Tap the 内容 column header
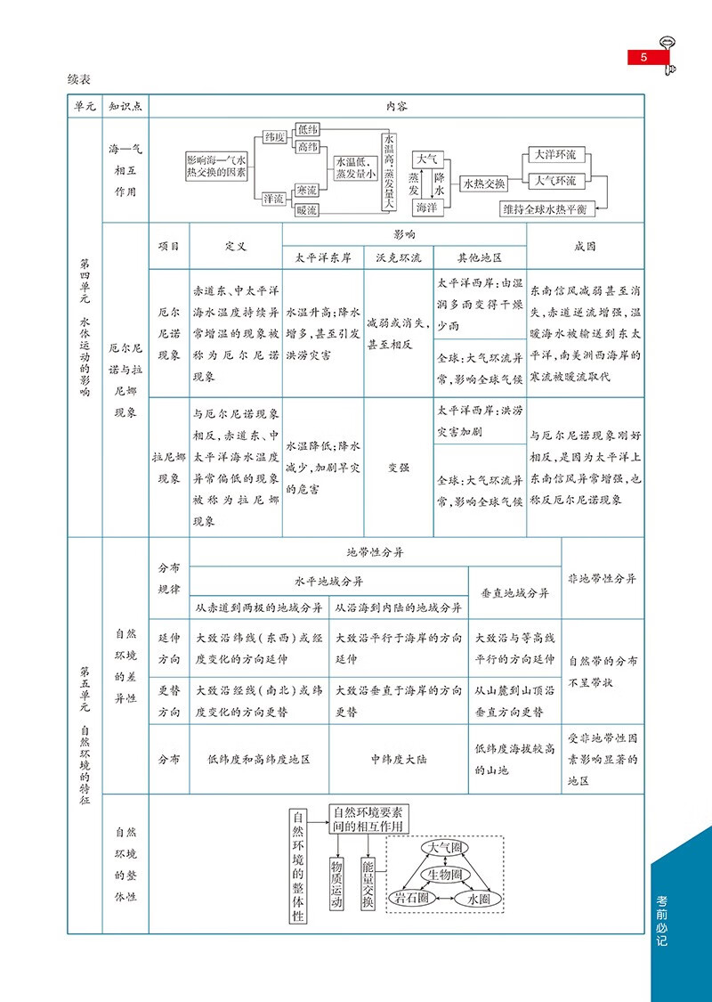(396, 106)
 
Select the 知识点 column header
(125, 106)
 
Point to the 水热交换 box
(485, 184)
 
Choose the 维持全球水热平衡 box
(547, 209)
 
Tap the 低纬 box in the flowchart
(306, 129)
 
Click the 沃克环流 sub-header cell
(399, 258)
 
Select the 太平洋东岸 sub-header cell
(323, 258)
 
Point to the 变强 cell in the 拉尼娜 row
(399, 468)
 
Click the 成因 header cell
(585, 246)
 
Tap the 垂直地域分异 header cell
(514, 593)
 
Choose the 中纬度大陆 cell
(399, 760)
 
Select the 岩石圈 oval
(412, 897)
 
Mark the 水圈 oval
(478, 899)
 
